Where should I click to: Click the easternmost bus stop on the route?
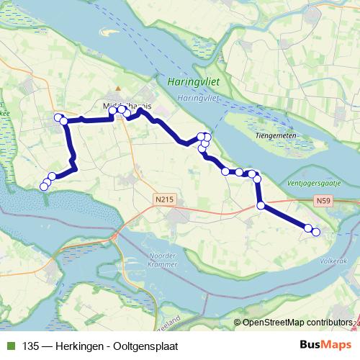click(x=315, y=231)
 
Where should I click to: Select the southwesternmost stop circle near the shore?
click(x=43, y=186)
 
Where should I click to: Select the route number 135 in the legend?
click(x=31, y=346)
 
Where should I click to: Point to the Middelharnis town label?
click(x=127, y=104)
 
